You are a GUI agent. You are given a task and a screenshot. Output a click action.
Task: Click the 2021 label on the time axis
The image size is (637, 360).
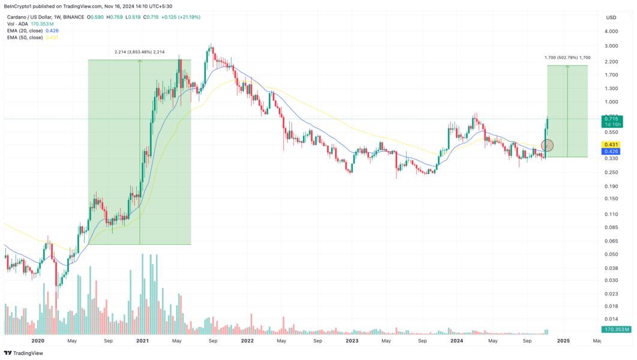click(x=142, y=340)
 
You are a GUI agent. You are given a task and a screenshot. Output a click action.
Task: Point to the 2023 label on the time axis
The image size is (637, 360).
click(x=352, y=340)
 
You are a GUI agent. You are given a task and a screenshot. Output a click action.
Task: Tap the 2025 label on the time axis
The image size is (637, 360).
click(x=563, y=340)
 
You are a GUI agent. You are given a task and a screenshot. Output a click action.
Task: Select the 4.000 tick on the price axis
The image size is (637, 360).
click(x=611, y=31)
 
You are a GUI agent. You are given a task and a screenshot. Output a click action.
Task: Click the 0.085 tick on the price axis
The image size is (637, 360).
click(x=611, y=227)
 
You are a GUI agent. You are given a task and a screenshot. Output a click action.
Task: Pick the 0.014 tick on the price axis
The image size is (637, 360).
click(x=611, y=319)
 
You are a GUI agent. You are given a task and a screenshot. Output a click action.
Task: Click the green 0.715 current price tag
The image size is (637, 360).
click(x=612, y=119)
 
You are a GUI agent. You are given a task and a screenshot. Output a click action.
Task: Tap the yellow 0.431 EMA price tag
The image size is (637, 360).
click(x=611, y=145)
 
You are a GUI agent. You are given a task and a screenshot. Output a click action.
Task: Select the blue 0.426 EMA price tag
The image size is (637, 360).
click(x=611, y=151)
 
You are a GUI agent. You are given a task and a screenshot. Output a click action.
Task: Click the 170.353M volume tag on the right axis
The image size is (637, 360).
click(x=615, y=329)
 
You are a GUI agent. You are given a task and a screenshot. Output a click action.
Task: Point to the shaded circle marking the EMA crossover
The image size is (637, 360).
click(x=547, y=145)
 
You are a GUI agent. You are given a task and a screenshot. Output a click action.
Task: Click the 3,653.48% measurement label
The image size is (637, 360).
click(x=140, y=52)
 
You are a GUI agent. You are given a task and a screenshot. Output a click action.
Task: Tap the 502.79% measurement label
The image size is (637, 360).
click(x=567, y=58)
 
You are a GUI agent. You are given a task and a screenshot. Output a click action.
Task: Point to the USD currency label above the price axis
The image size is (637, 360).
click(x=611, y=17)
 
